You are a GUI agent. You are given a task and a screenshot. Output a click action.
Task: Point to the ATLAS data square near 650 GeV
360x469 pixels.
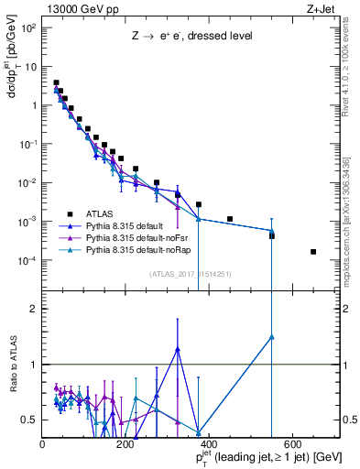pos(313,252)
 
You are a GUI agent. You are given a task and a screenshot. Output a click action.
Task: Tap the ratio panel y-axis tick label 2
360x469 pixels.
pos(34,309)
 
